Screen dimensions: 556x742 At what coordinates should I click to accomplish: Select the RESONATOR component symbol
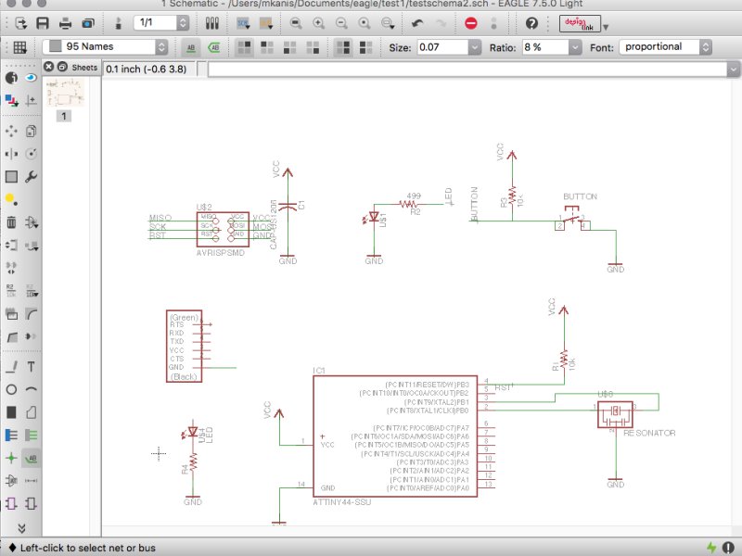(614, 413)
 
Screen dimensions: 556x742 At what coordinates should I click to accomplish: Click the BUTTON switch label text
(580, 196)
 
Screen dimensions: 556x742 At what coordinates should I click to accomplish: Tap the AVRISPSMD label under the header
(220, 251)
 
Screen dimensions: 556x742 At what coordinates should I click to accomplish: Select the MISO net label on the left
(160, 218)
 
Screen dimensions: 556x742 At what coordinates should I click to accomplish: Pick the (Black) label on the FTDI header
(185, 376)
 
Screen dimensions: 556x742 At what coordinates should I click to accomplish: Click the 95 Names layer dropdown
(108, 46)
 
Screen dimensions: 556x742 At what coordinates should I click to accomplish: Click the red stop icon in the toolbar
(471, 23)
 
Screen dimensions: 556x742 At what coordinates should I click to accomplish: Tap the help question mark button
(531, 23)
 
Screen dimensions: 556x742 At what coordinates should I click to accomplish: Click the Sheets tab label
(84, 67)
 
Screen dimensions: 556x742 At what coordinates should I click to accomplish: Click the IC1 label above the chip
(319, 371)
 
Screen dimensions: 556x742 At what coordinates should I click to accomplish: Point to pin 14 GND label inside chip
(327, 487)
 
